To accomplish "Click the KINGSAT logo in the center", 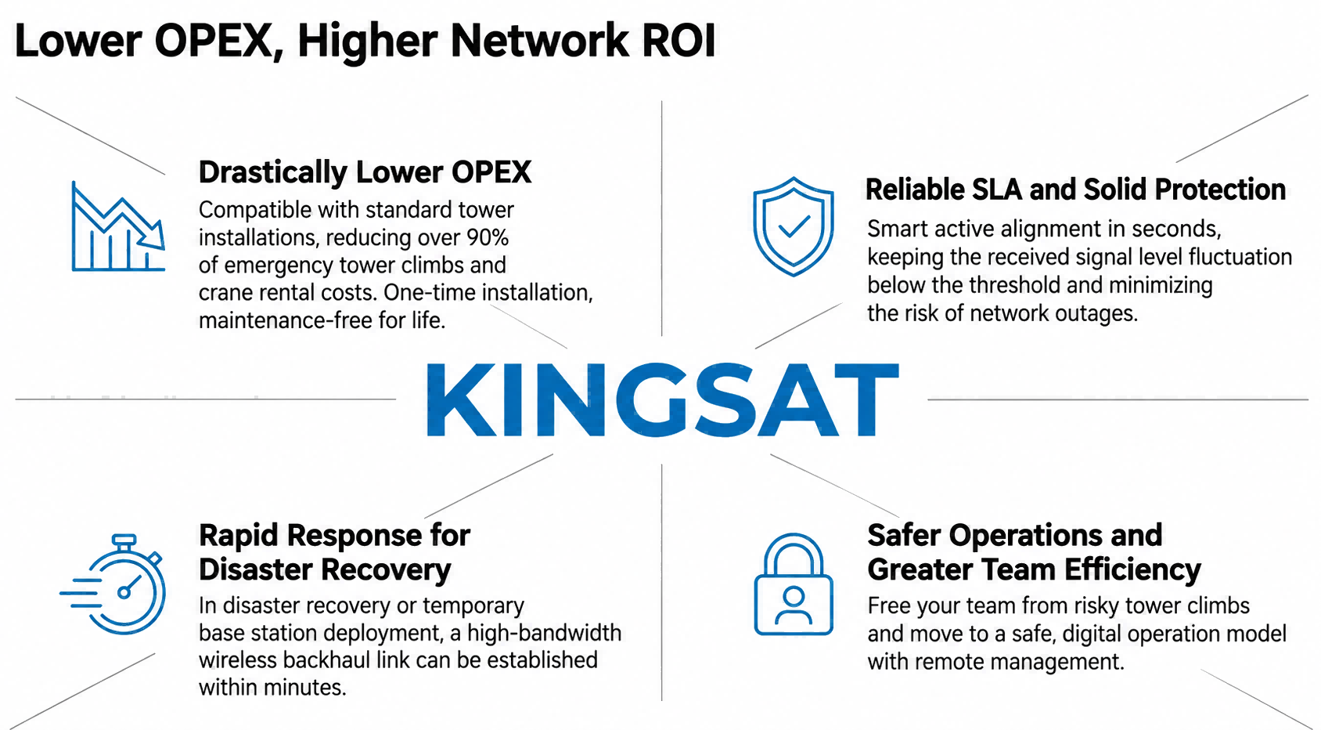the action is tap(662, 399).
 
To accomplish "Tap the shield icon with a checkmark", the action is tap(794, 226).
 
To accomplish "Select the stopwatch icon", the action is tap(113, 584).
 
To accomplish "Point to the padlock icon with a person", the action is tap(794, 584).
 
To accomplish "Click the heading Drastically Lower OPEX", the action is tap(365, 172).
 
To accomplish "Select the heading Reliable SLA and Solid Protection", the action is tap(1075, 190).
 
